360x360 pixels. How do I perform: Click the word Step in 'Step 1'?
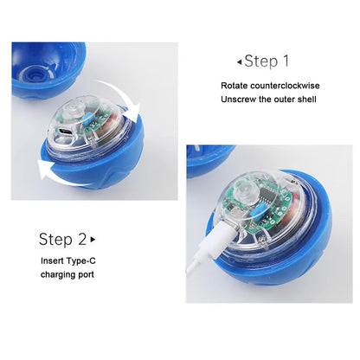point(262,61)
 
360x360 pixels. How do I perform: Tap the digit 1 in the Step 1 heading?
point(286,61)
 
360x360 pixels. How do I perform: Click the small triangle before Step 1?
point(240,62)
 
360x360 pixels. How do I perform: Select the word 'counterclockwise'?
point(286,86)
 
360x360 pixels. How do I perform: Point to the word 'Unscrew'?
point(235,101)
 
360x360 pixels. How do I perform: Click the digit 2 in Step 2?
point(82,239)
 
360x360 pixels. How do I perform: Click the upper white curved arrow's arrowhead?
point(135,112)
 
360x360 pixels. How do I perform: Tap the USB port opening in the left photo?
point(65,134)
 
